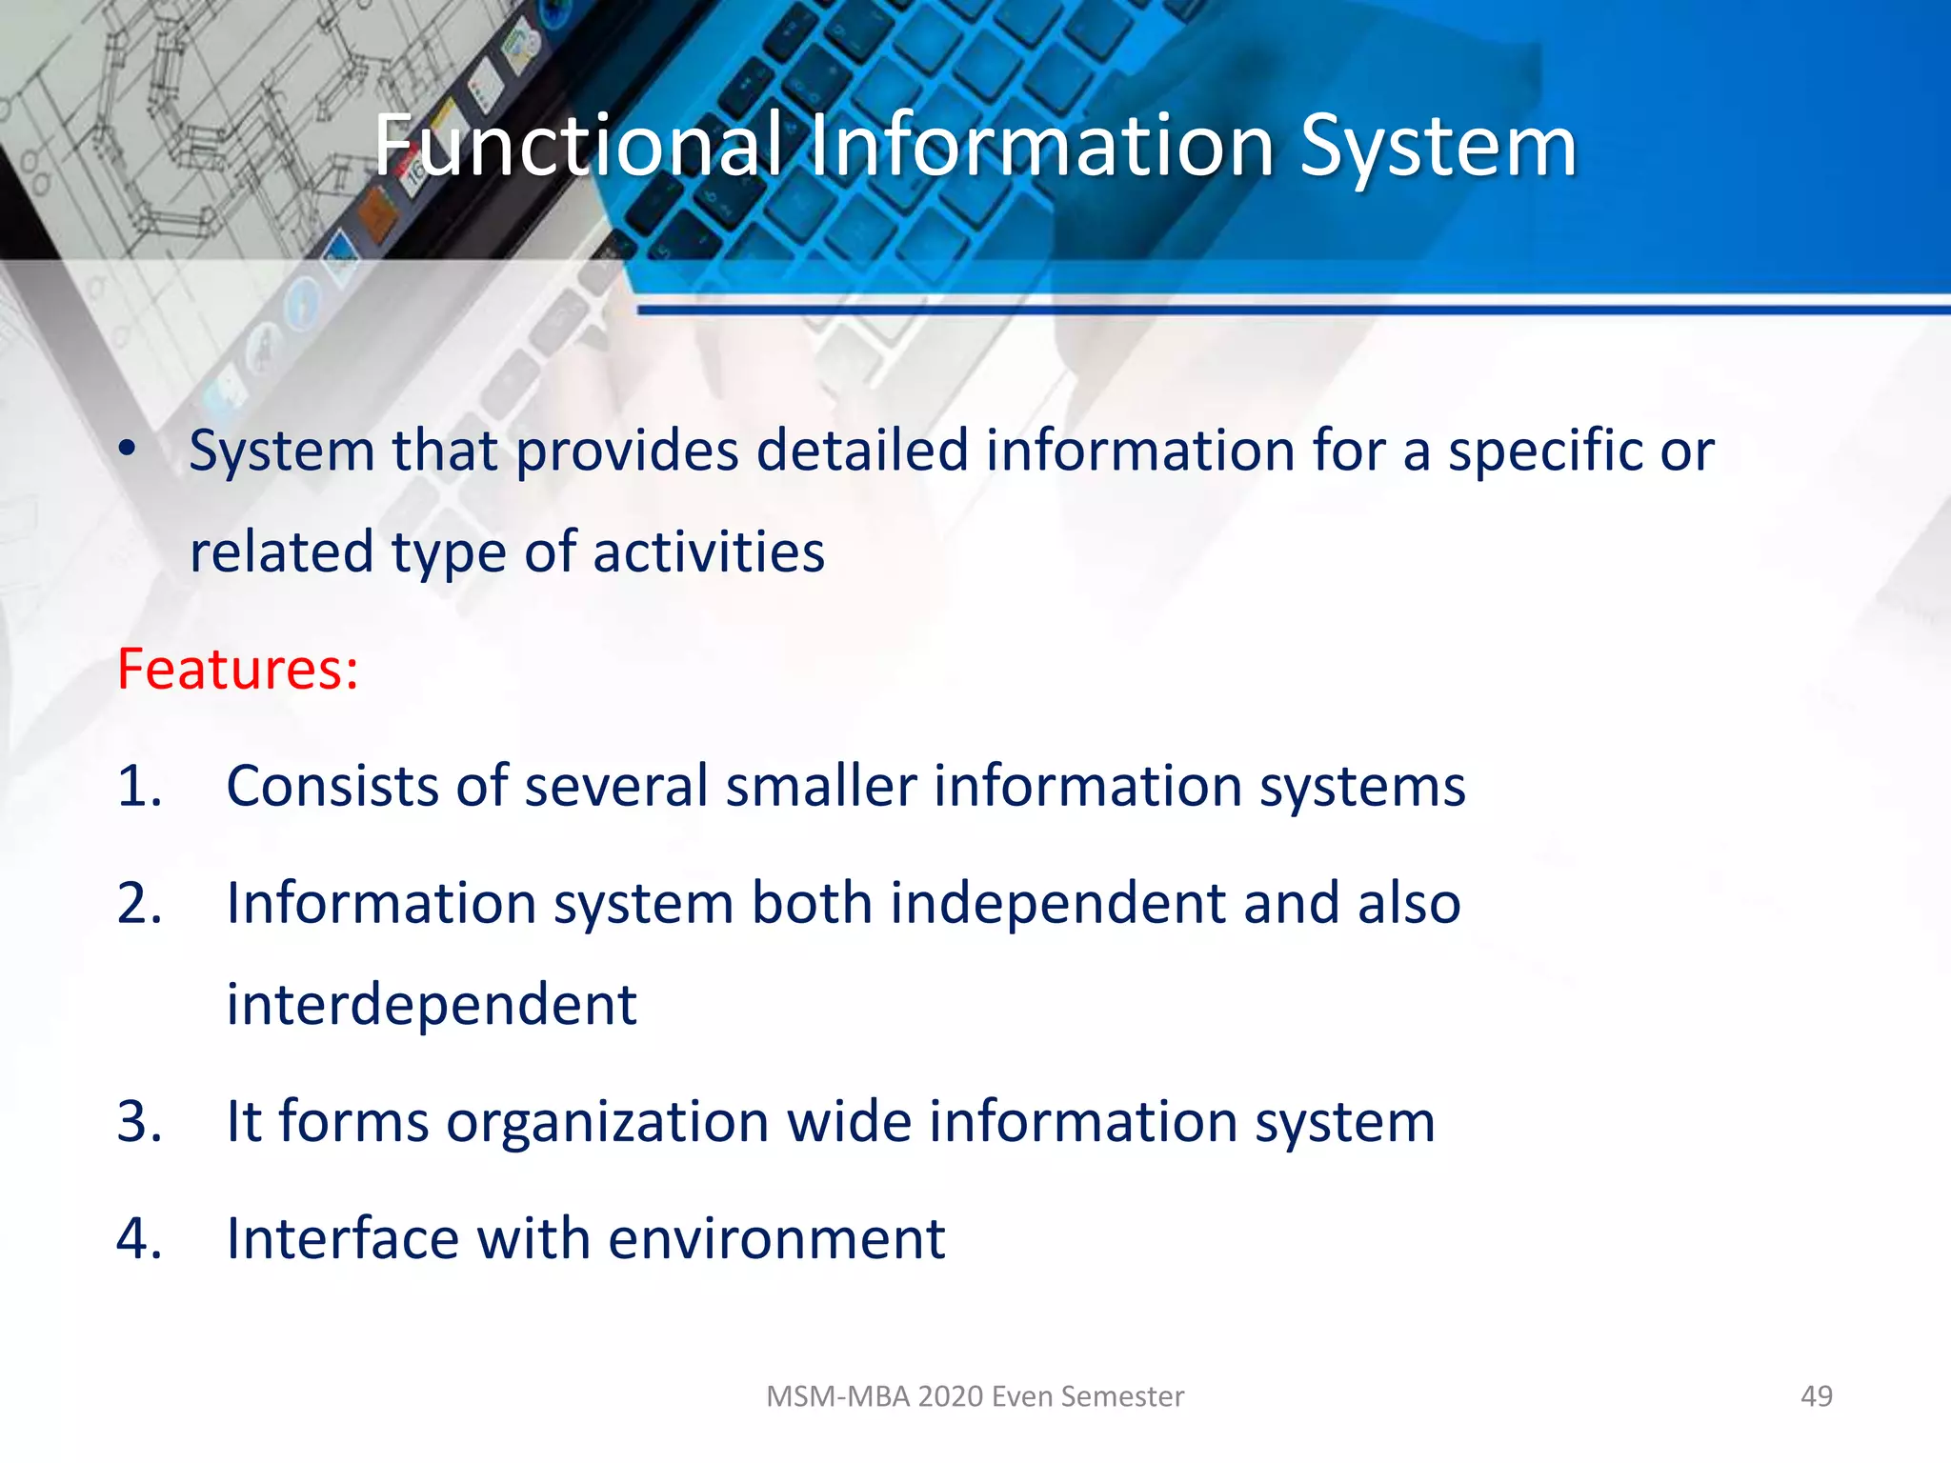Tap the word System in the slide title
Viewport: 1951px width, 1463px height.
click(1438, 148)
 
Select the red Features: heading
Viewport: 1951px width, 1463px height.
click(237, 669)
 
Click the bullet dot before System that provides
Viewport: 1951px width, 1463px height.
click(128, 449)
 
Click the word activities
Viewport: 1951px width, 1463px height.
click(708, 551)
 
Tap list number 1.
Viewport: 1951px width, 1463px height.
click(139, 787)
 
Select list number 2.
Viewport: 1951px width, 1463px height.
click(139, 903)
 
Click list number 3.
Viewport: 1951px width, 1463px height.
click(139, 1121)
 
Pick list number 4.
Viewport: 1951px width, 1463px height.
click(139, 1238)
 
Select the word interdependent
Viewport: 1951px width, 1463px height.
click(431, 1005)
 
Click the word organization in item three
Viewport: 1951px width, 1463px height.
click(607, 1122)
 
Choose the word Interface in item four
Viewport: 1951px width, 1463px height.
click(342, 1238)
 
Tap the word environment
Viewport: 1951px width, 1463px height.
click(775, 1238)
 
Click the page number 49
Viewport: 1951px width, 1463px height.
click(1816, 1396)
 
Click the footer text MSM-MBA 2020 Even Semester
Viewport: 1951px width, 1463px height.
click(975, 1396)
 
